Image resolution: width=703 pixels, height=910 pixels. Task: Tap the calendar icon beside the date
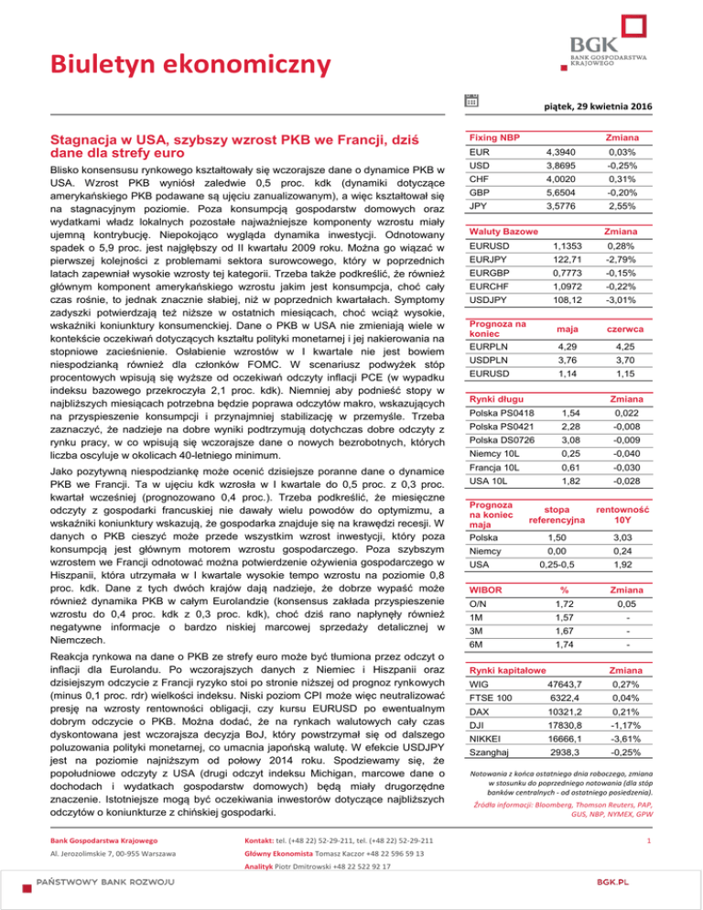[x=470, y=98]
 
